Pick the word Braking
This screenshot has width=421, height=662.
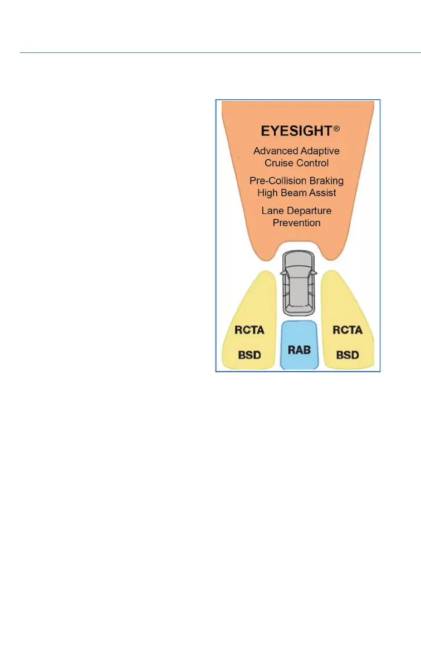325,181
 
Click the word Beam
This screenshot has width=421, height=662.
296,193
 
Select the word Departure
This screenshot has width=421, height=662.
314,211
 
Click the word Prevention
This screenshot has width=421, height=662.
296,222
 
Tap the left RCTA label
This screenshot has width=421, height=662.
249,330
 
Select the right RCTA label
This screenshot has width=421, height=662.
347,330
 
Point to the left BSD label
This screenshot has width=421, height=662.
249,354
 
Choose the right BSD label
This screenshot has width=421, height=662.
347,354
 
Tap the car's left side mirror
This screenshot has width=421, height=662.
282,272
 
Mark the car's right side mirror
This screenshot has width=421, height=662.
315,272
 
